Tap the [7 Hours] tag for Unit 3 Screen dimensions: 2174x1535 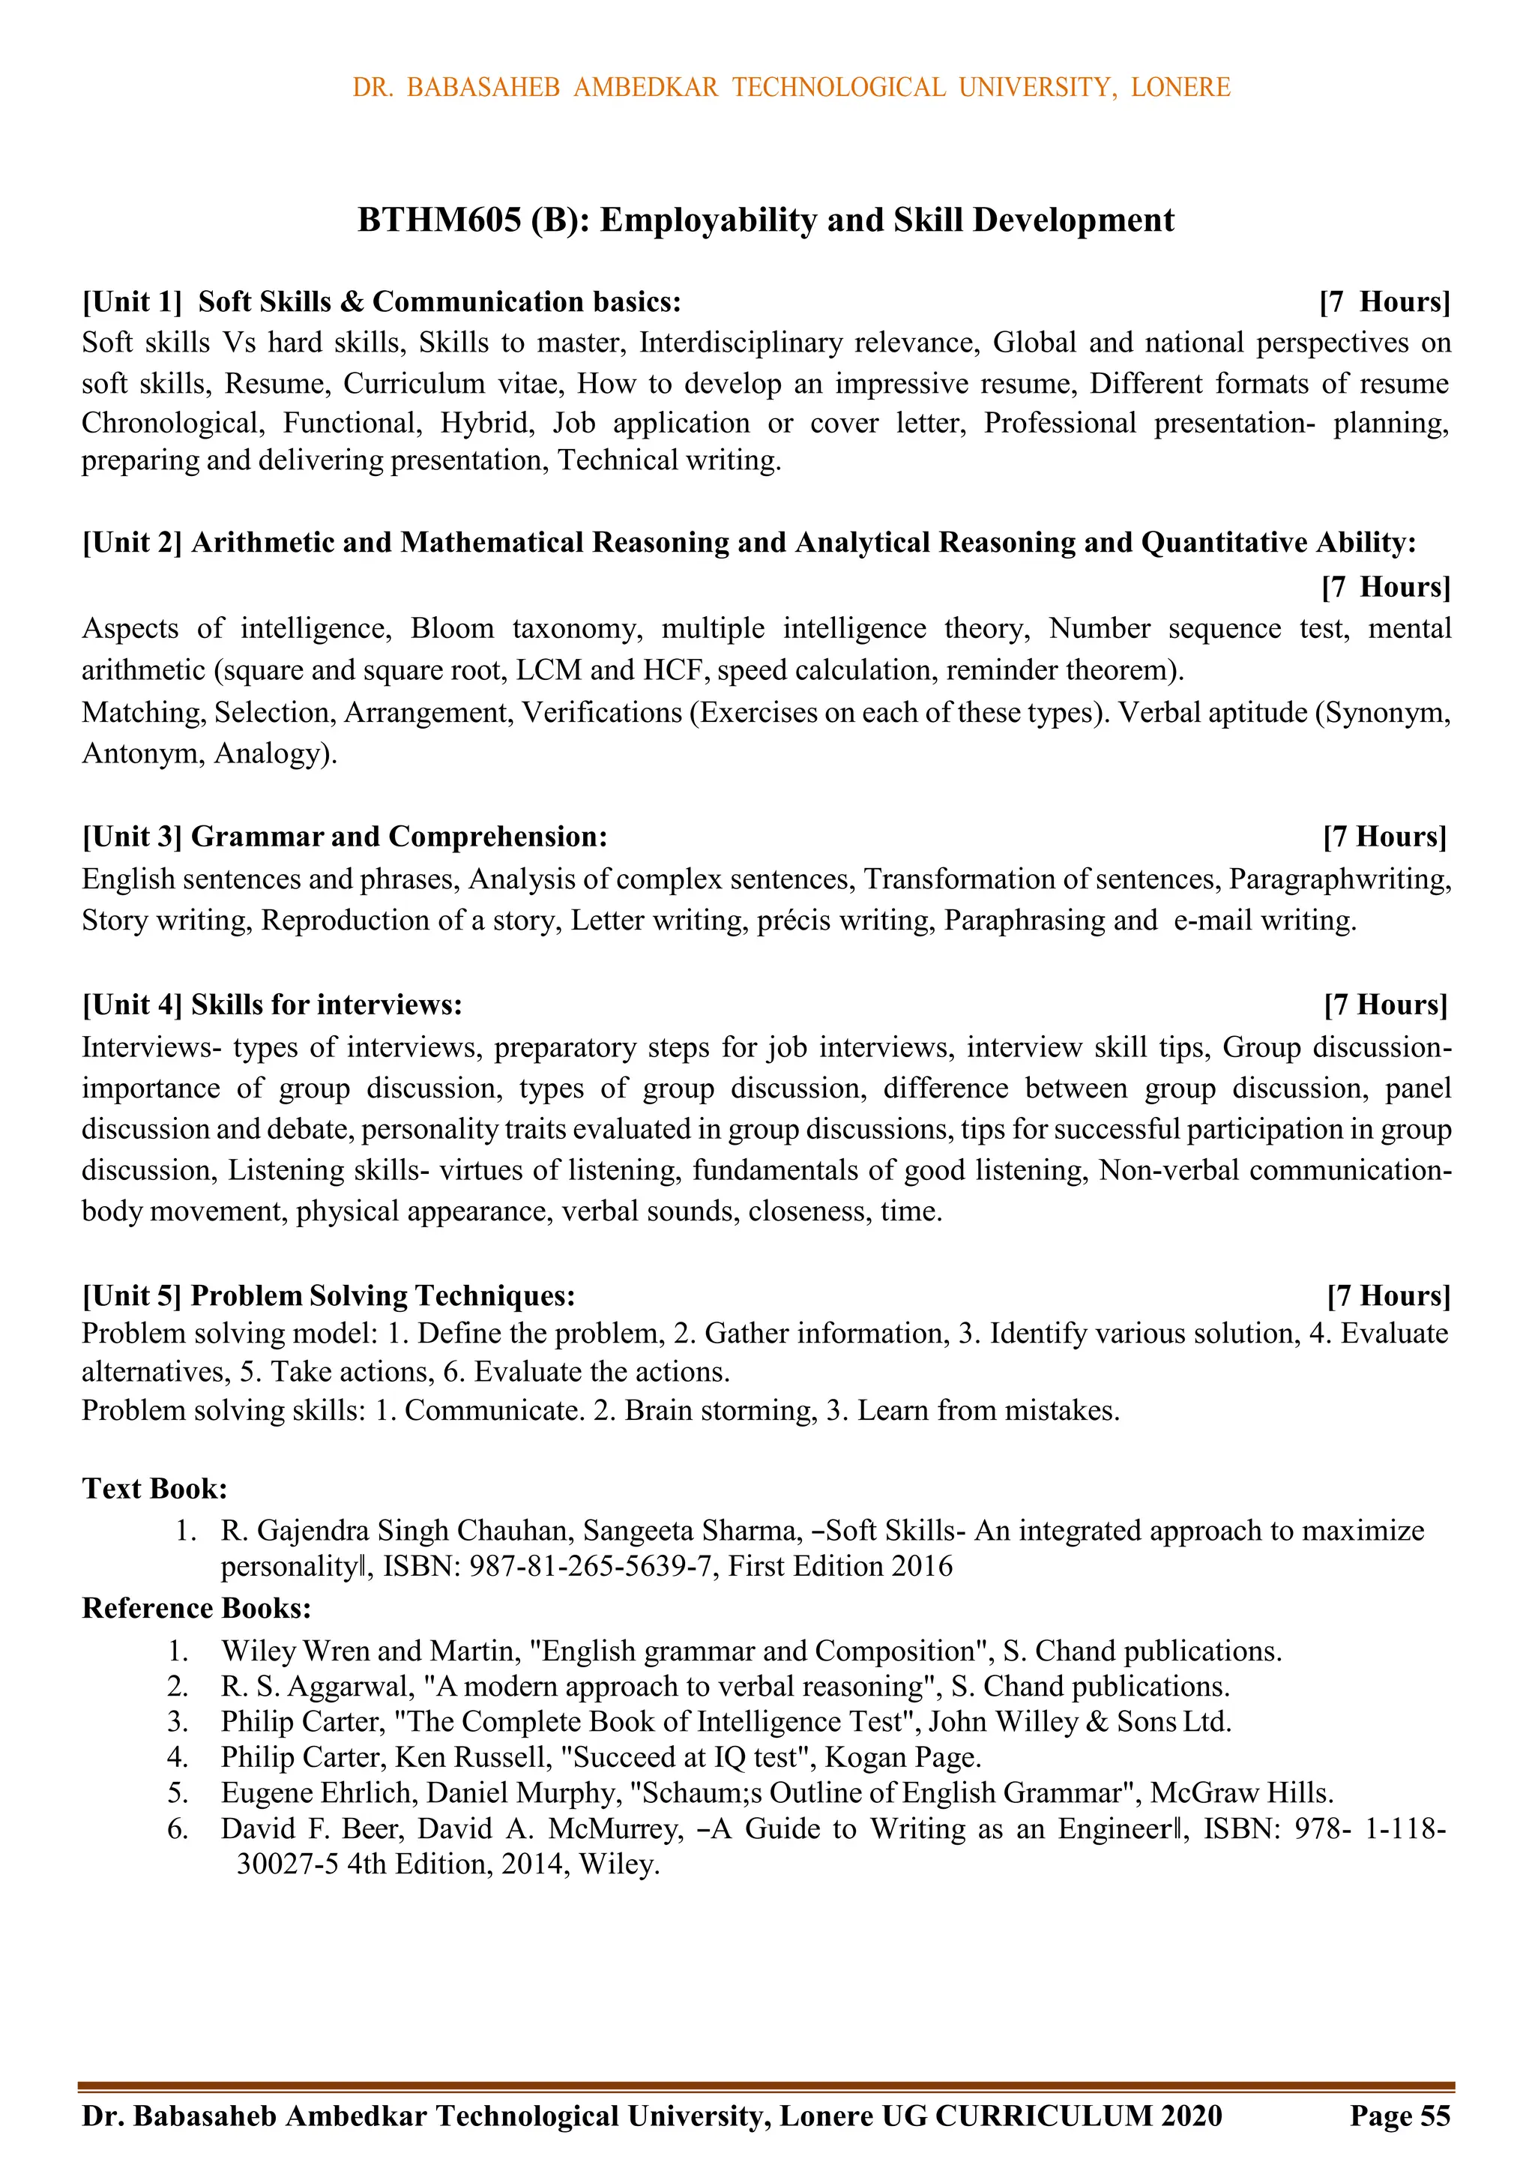point(1385,837)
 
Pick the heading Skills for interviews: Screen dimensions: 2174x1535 point(326,1005)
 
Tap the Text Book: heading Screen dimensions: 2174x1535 point(154,1489)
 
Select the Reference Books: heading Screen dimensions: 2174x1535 point(196,1608)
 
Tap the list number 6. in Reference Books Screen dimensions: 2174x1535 point(178,1828)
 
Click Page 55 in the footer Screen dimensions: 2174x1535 point(1399,2116)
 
